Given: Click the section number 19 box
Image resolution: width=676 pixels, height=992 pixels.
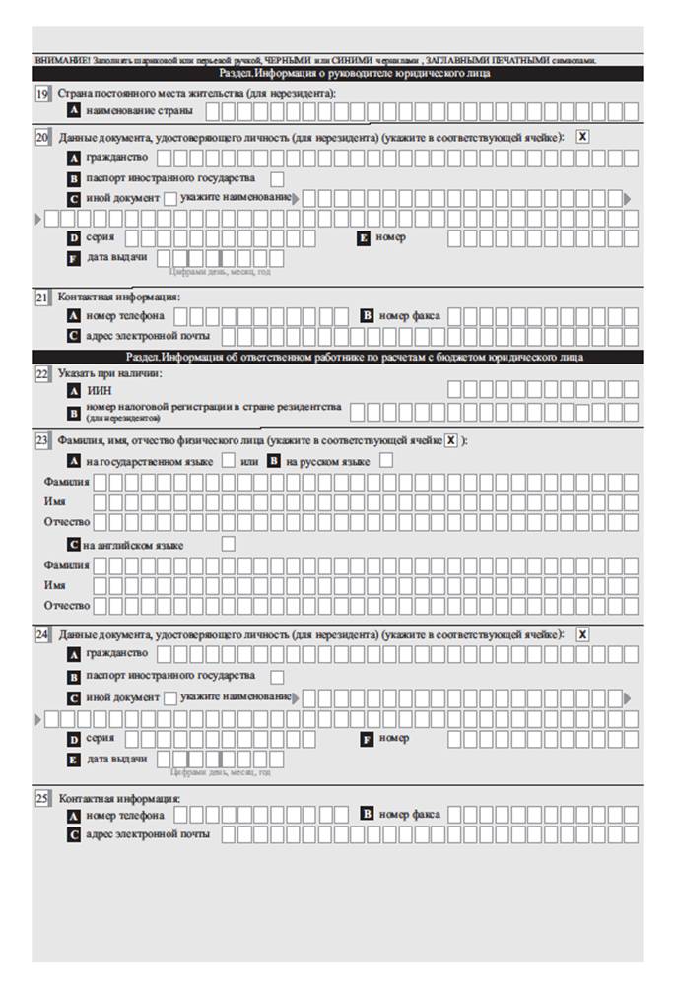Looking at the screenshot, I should point(42,94).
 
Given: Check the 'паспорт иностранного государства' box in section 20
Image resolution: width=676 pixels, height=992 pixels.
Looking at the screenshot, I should point(277,178).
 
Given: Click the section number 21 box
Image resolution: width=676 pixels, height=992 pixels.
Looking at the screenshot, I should point(42,297).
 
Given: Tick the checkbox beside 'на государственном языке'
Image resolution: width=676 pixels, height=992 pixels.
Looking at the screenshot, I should point(228,460).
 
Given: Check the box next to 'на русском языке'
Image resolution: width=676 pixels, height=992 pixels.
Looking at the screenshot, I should point(386,460).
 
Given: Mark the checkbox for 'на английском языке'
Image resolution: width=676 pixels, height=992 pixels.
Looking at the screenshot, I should point(228,544).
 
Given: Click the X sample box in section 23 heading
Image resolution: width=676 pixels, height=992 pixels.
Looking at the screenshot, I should point(451,440).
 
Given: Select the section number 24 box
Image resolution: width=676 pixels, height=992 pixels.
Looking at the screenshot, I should point(42,635).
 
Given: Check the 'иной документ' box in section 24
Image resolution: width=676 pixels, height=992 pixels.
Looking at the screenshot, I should point(170,697).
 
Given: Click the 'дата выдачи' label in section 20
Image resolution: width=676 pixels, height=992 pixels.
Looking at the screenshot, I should point(116,257).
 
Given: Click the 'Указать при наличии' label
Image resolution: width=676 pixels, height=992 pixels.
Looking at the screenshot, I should point(109,374).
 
